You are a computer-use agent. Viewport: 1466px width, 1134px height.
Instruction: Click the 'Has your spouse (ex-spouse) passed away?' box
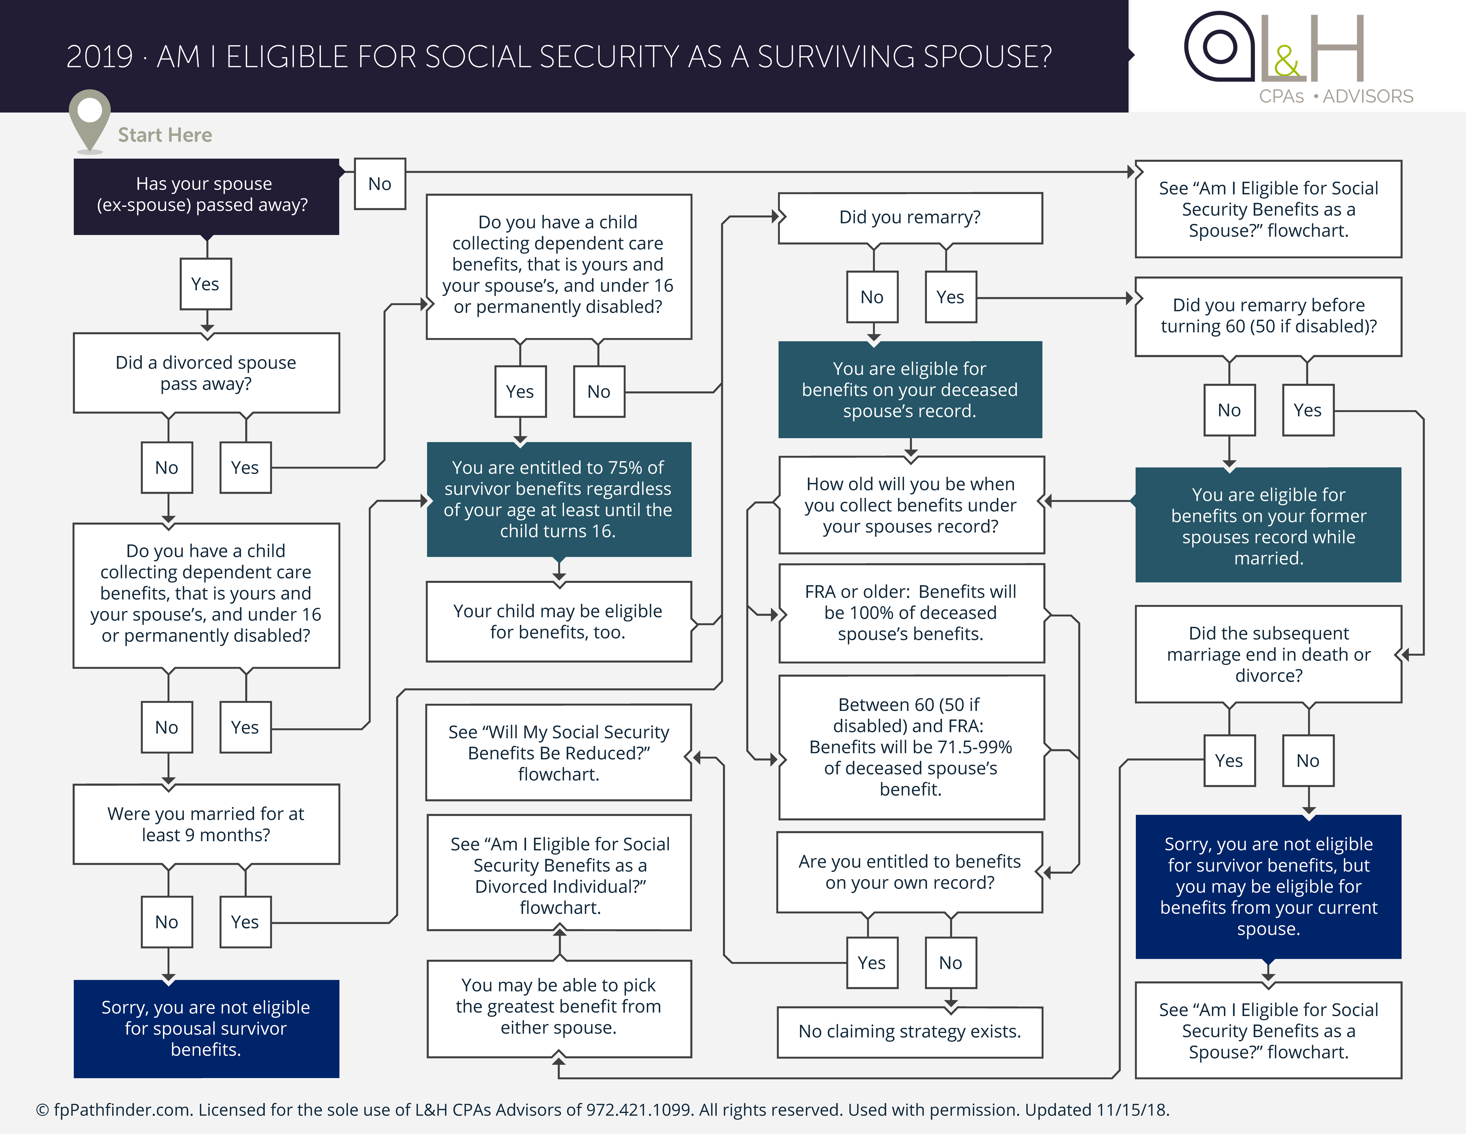click(x=206, y=196)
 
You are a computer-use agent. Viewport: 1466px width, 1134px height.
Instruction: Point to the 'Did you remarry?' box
click(x=910, y=218)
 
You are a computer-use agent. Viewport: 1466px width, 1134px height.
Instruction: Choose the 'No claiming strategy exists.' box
click(x=910, y=1031)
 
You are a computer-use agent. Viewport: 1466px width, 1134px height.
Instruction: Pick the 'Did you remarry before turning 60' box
click(x=1268, y=316)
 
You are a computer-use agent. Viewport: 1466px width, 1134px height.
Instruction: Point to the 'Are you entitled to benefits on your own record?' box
click(x=910, y=872)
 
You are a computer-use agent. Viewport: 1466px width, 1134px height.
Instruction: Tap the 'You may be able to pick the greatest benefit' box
click(x=559, y=1006)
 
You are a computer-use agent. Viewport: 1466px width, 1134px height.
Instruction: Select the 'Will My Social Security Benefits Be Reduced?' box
click(x=559, y=753)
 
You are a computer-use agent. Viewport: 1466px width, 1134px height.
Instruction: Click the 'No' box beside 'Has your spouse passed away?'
click(x=380, y=184)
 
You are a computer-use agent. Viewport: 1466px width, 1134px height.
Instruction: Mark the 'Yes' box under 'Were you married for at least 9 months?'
click(x=245, y=922)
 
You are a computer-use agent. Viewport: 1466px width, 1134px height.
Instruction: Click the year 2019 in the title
click(x=99, y=57)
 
